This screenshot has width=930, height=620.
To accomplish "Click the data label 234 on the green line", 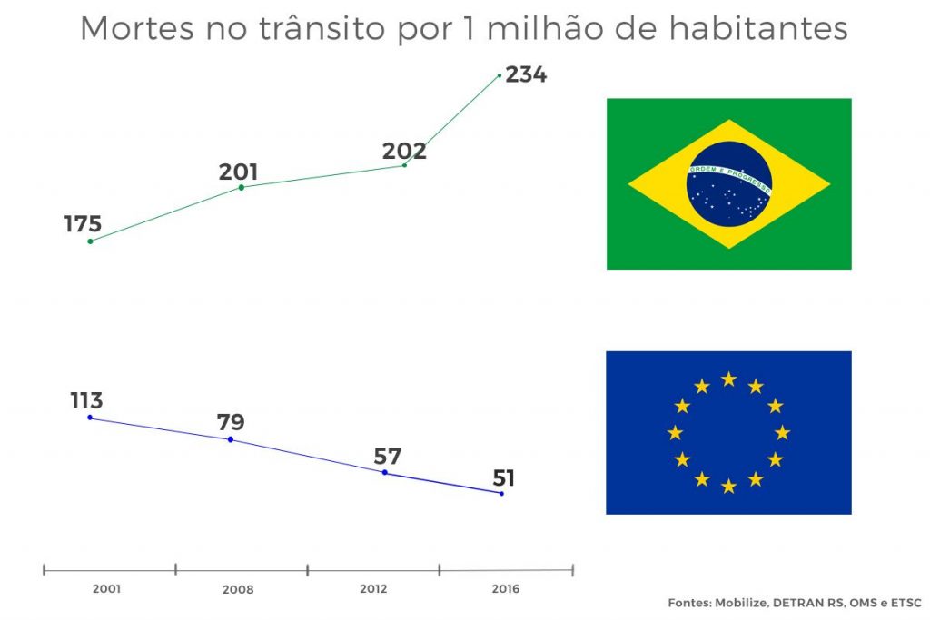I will (x=526, y=74).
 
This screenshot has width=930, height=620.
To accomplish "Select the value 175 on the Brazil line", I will (x=83, y=224).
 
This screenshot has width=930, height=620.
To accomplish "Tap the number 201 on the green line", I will (x=238, y=172).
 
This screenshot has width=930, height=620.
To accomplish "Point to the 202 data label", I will (x=404, y=152).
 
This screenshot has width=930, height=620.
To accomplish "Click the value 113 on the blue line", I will (x=87, y=400).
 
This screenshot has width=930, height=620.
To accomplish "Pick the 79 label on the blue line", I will (x=231, y=422).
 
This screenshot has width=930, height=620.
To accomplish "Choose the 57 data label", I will (x=387, y=457).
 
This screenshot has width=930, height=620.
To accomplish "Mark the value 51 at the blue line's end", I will (x=504, y=477).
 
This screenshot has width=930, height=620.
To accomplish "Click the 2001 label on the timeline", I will (x=106, y=589).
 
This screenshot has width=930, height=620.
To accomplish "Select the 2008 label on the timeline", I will (x=238, y=590).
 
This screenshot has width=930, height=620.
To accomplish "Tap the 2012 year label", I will (x=373, y=589).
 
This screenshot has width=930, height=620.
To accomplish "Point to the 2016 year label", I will (x=505, y=589).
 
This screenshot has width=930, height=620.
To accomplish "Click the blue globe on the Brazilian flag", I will (x=729, y=184).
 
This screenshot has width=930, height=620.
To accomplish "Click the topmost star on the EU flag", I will (x=728, y=379).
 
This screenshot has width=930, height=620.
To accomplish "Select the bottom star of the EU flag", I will (x=728, y=486).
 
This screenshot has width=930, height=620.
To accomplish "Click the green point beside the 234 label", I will (x=500, y=75).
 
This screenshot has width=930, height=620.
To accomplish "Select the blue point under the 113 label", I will (x=90, y=418).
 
